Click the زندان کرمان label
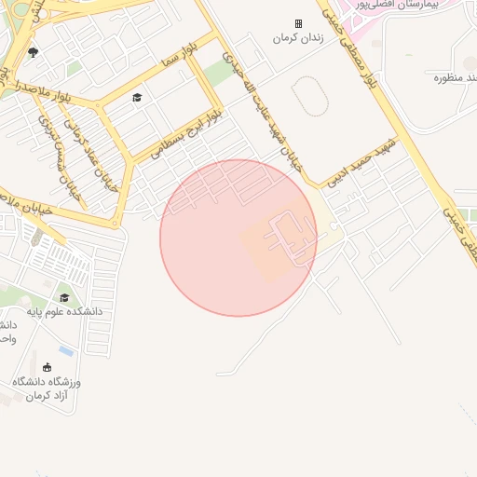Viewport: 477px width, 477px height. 297,38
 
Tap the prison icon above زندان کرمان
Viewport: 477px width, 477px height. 298,23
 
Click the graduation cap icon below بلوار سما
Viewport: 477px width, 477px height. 137,98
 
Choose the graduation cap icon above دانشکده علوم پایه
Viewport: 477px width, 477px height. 64,297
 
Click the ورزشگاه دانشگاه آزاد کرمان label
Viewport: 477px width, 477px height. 47,389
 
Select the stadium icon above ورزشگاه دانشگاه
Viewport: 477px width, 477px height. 47,368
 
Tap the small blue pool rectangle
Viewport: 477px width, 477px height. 66,351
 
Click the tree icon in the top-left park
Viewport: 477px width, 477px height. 34,53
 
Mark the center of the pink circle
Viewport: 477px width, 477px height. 238,238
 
